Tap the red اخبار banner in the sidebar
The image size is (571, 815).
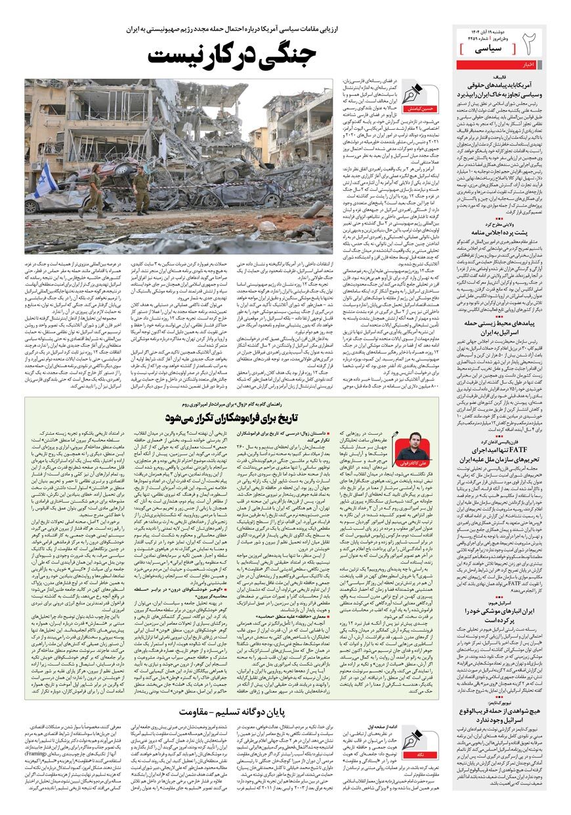pos(529,64)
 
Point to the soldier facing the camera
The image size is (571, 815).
pos(140,190)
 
